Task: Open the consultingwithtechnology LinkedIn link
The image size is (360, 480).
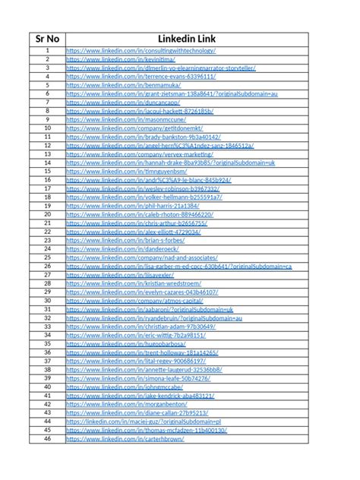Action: (x=141, y=50)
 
